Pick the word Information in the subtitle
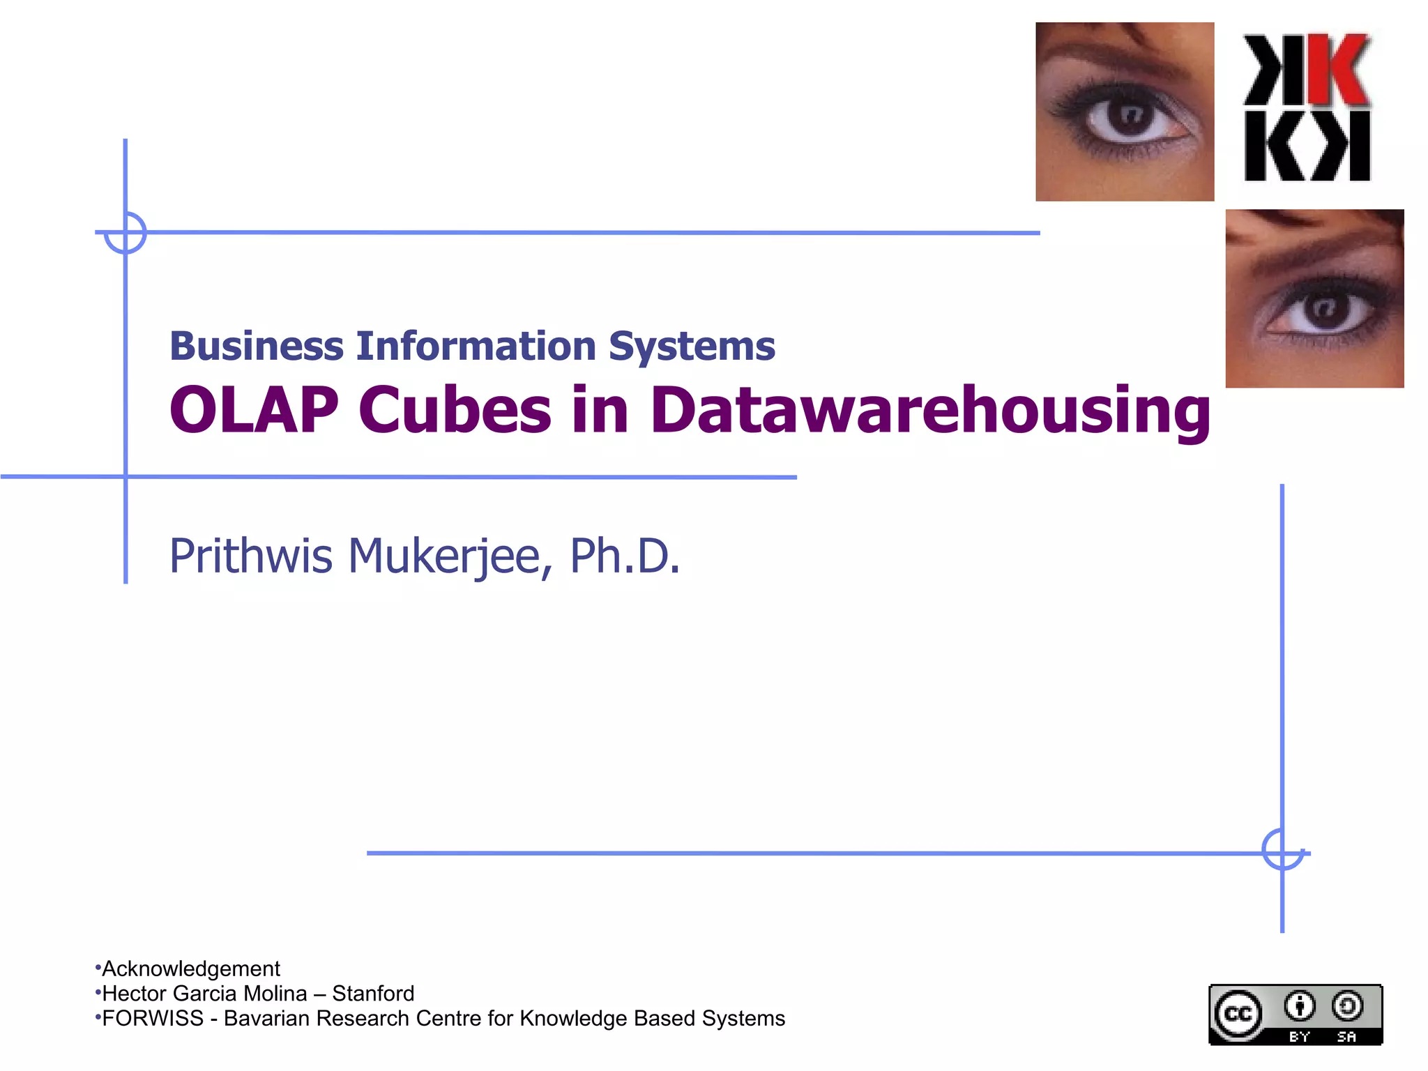476,346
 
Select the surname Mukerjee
444,556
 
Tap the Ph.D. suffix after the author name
624,556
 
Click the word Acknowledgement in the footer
191,969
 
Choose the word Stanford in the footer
373,993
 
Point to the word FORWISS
153,1018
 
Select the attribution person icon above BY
1299,1006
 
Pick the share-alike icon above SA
1347,1006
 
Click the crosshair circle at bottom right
1282,849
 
